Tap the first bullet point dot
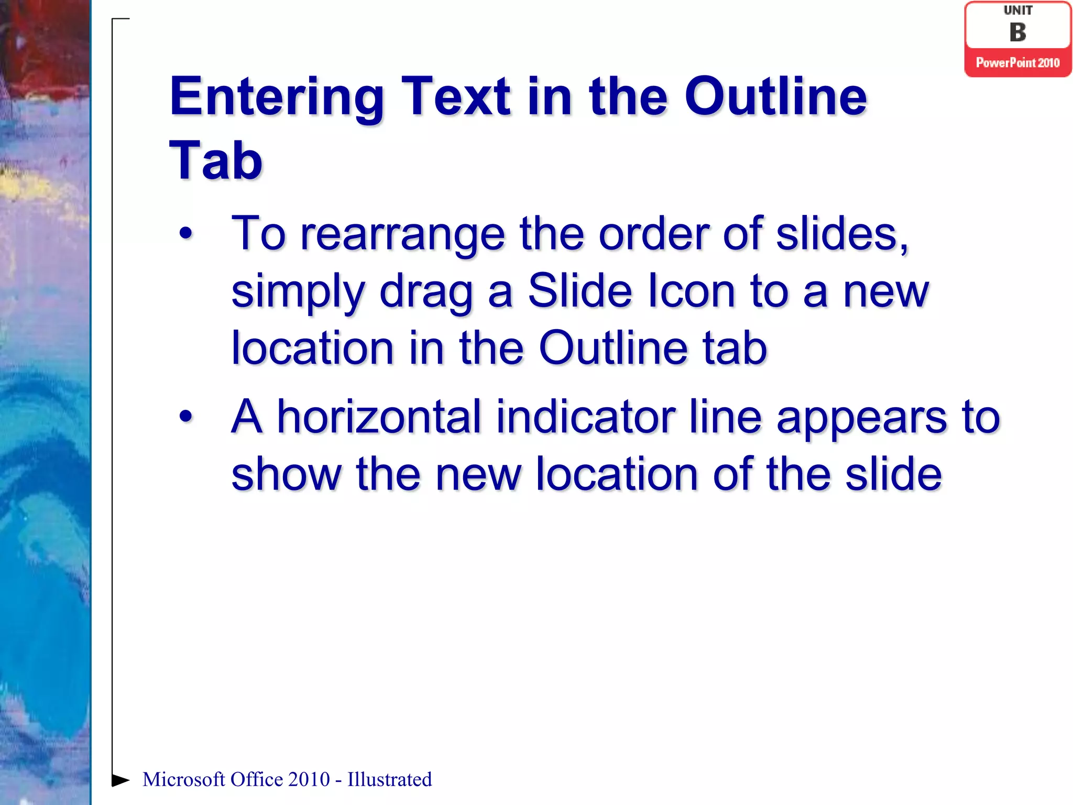(185, 234)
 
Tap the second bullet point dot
(185, 417)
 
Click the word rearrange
(402, 235)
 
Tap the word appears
(861, 418)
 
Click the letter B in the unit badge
(1017, 32)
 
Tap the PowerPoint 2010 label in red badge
(1017, 63)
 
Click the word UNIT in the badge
(1017, 10)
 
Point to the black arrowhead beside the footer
(121, 780)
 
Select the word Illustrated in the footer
(389, 779)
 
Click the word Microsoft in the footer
(183, 779)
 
